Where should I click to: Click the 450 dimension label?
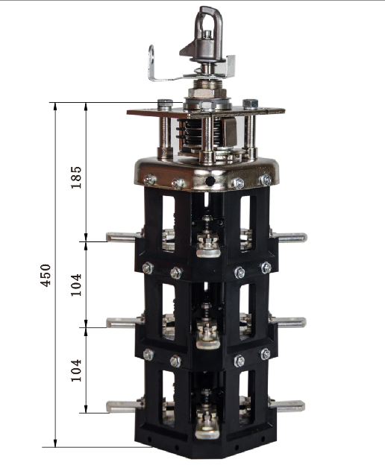pos(46,275)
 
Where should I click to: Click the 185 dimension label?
pos(76,177)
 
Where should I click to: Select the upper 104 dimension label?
pos(76,285)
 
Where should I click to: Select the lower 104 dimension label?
pos(76,370)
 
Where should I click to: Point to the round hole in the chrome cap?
pos(210,180)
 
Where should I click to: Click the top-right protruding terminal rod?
pos(289,238)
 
